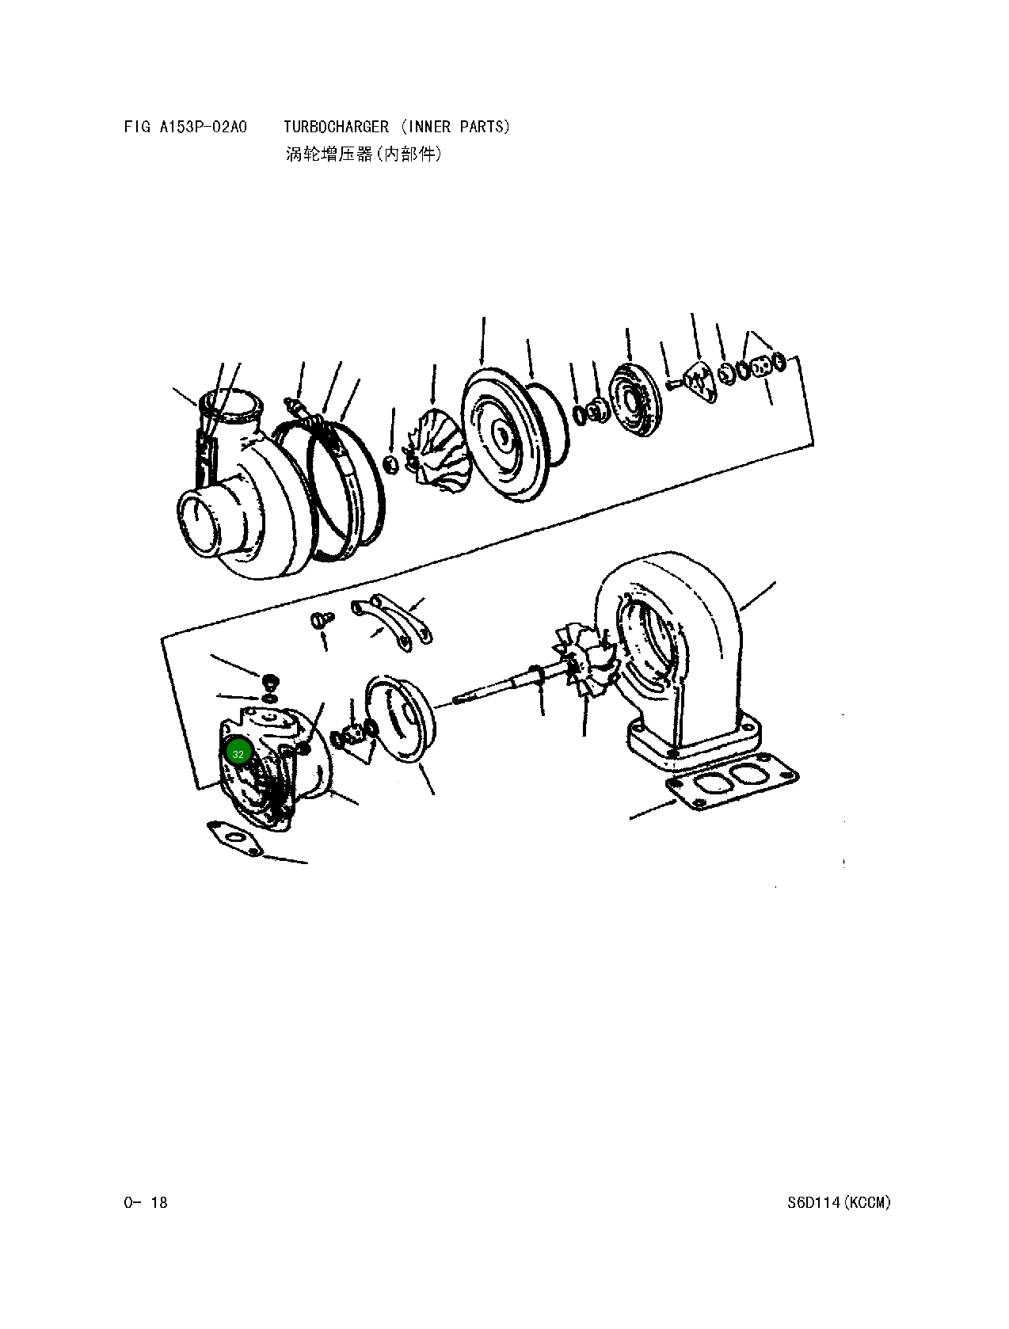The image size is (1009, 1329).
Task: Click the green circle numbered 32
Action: point(238,753)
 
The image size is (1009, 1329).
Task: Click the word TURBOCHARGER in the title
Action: point(336,127)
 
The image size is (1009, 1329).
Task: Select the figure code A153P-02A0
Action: point(204,127)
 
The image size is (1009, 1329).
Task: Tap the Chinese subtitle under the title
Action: point(364,154)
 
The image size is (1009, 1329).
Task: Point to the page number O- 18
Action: point(146,1202)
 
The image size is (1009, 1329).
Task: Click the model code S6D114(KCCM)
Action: point(839,1202)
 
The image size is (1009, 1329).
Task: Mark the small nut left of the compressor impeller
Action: point(390,463)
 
